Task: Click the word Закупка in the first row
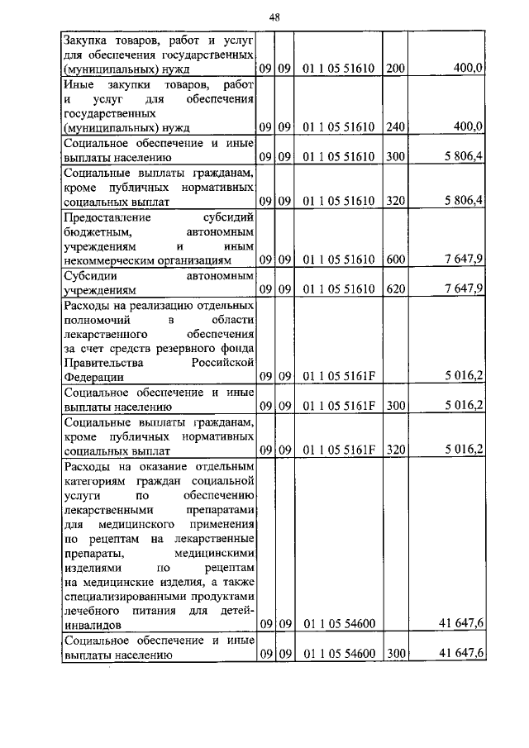pyautogui.click(x=86, y=40)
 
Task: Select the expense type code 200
pyautogui.click(x=395, y=69)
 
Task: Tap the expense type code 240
pyautogui.click(x=395, y=127)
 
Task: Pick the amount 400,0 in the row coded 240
pyautogui.click(x=467, y=127)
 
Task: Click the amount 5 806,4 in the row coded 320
pyautogui.click(x=463, y=201)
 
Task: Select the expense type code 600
pyautogui.click(x=395, y=260)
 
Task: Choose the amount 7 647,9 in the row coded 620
pyautogui.click(x=463, y=289)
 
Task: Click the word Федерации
pyautogui.click(x=90, y=377)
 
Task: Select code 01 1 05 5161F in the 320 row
pyautogui.click(x=339, y=450)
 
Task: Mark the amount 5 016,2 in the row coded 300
pyautogui.click(x=463, y=406)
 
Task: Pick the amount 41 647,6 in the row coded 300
pyautogui.click(x=462, y=655)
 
